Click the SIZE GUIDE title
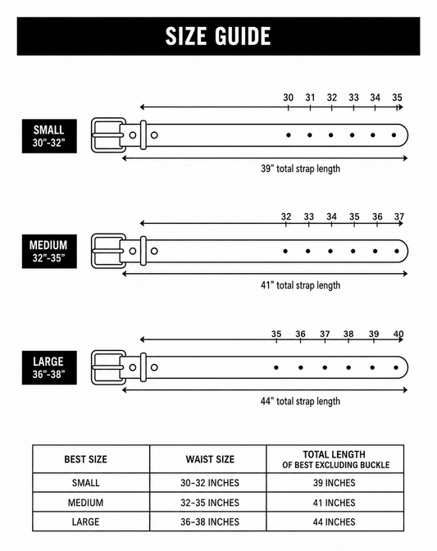(x=218, y=36)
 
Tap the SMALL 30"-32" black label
(x=49, y=136)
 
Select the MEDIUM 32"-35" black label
(x=49, y=251)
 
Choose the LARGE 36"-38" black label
(x=49, y=367)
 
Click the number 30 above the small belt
(x=288, y=98)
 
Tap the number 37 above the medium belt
(x=399, y=216)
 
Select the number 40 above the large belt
(x=398, y=334)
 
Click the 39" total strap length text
(x=300, y=169)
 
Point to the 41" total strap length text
(x=300, y=285)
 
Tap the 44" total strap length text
(x=300, y=401)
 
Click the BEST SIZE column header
(x=86, y=459)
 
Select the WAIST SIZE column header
(x=210, y=459)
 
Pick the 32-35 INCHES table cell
(x=210, y=503)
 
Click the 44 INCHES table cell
(x=334, y=521)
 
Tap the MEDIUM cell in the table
(x=86, y=503)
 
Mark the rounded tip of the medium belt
(x=407, y=251)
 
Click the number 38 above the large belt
(x=348, y=334)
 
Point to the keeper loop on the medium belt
(x=143, y=251)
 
